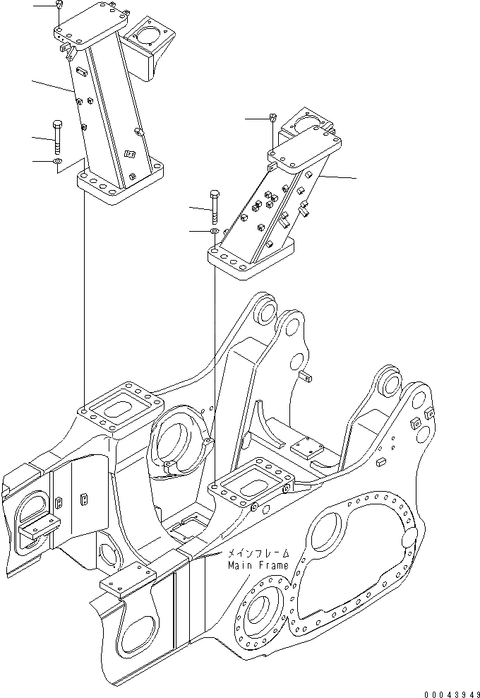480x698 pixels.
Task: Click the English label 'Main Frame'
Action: [x=258, y=565]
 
